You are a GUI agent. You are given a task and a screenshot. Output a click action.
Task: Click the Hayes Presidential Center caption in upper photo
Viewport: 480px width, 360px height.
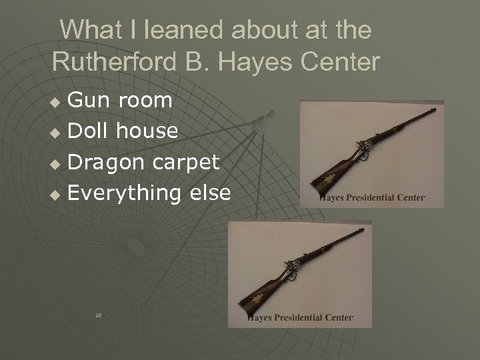pyautogui.click(x=372, y=197)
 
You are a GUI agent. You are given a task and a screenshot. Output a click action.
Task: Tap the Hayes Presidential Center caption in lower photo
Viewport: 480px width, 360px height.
pyautogui.click(x=300, y=317)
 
